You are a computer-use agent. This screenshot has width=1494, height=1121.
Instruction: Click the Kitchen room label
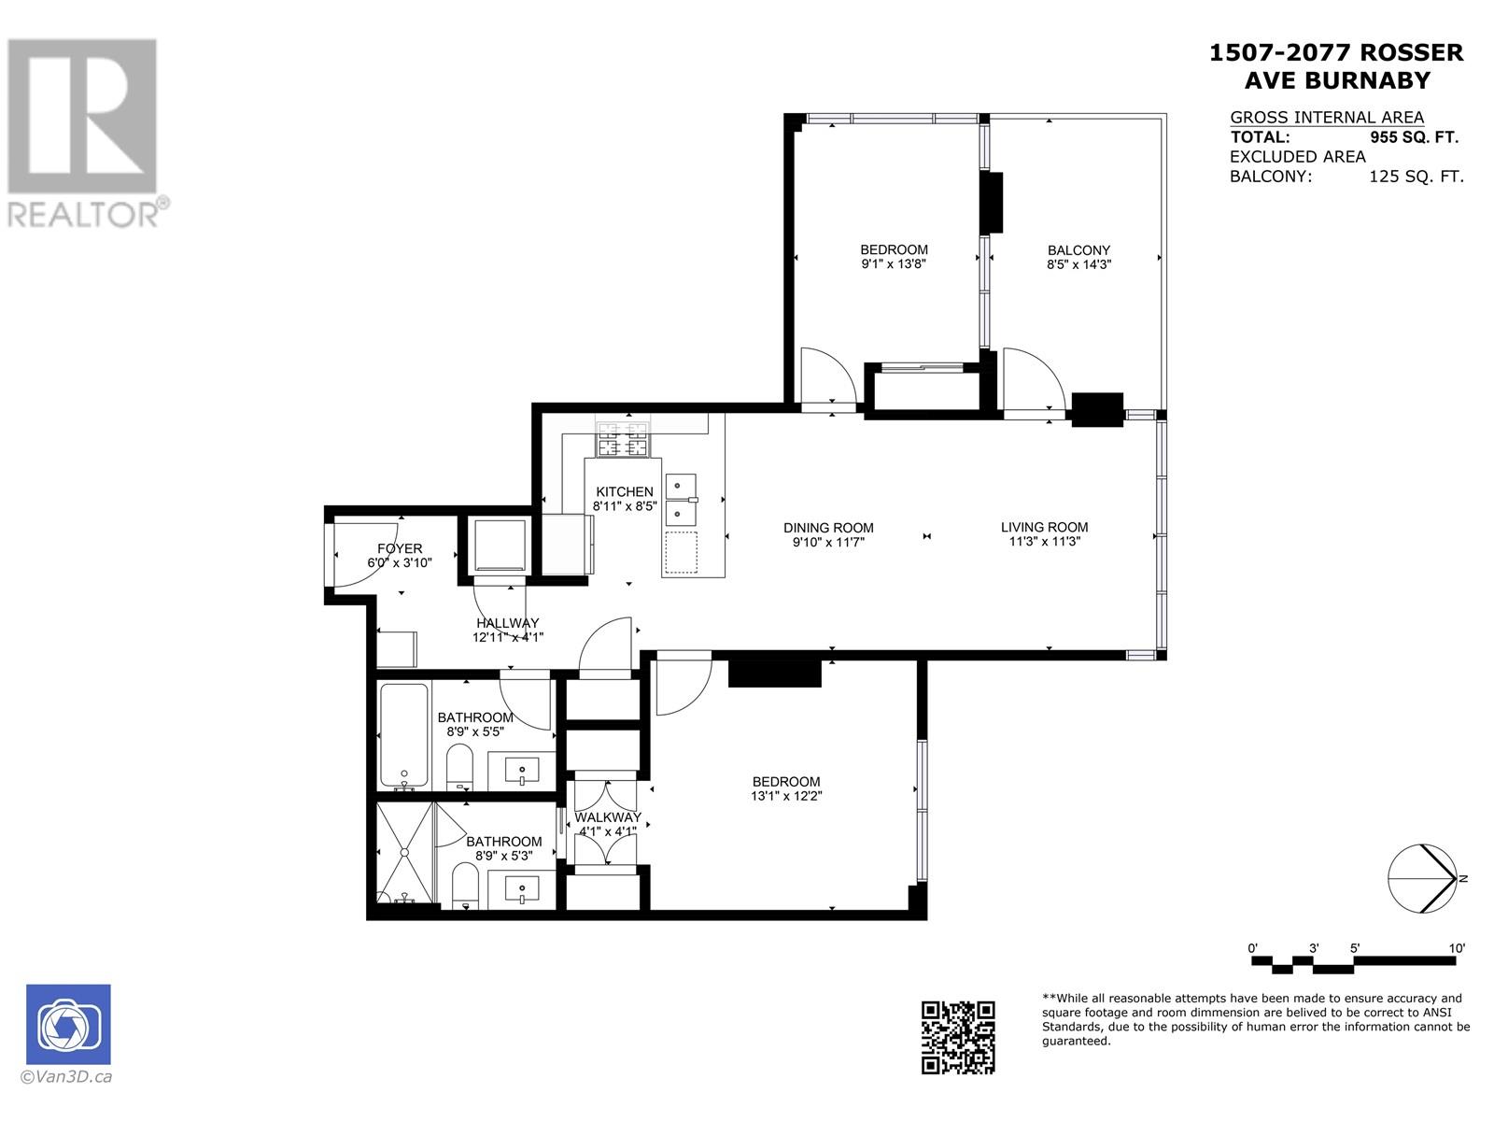624,491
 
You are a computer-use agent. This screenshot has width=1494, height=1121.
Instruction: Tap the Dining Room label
828,528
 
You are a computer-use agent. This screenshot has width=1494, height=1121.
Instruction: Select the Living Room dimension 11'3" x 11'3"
1044,542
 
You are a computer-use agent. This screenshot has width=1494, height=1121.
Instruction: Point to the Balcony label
1078,250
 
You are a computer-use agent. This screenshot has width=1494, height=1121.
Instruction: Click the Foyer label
400,548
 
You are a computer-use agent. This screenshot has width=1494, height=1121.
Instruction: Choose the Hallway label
508,623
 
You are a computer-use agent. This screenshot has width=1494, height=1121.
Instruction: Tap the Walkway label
608,816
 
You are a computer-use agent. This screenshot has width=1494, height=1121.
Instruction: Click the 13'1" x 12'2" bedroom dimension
786,796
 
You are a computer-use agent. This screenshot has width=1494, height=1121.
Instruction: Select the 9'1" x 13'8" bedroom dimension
894,264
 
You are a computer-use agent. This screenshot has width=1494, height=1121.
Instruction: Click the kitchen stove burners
623,439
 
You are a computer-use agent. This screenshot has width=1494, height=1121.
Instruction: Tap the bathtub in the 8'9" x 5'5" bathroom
404,736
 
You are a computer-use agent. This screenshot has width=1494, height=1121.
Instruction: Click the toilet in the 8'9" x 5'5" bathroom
459,767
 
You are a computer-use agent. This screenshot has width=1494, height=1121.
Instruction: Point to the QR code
958,1037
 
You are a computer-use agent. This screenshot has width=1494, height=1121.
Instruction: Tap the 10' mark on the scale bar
1457,948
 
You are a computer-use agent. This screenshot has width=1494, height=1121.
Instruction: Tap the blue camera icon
68,1024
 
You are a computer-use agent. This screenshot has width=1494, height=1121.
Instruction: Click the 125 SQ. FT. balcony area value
1416,177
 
